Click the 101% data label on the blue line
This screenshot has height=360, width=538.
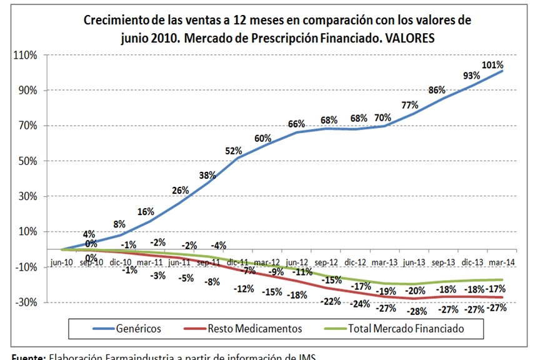(492, 65)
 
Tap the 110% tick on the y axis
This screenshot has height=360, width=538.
(26, 55)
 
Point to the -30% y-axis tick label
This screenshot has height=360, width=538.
(26, 302)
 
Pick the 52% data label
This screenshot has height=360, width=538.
(233, 151)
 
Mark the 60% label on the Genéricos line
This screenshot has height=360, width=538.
(263, 138)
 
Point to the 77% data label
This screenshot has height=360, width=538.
(410, 104)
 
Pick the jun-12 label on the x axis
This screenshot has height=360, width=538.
(297, 262)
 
